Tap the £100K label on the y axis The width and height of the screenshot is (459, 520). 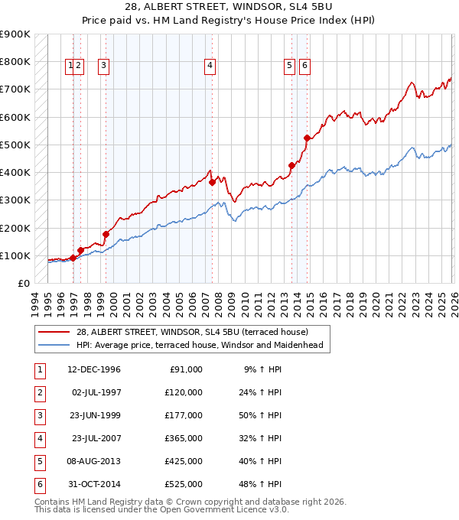tap(15, 255)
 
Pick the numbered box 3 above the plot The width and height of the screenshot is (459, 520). tap(103, 67)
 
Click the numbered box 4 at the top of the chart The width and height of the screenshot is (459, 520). tap(209, 67)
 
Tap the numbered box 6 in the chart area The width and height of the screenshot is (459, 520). tap(304, 67)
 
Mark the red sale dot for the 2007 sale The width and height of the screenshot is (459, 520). tap(212, 182)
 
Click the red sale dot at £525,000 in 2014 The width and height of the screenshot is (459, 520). tap(307, 138)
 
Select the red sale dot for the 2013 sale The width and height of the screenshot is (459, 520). tap(291, 165)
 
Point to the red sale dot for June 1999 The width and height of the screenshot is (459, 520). tap(106, 234)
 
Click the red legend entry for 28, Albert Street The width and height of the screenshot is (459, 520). tap(191, 332)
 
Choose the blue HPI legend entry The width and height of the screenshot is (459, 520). tap(199, 345)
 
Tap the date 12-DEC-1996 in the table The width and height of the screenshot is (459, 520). tap(94, 369)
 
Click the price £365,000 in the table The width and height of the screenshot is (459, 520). tap(184, 438)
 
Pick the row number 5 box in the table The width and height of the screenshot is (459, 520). tap(38, 461)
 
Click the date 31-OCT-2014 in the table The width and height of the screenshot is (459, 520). tap(94, 484)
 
